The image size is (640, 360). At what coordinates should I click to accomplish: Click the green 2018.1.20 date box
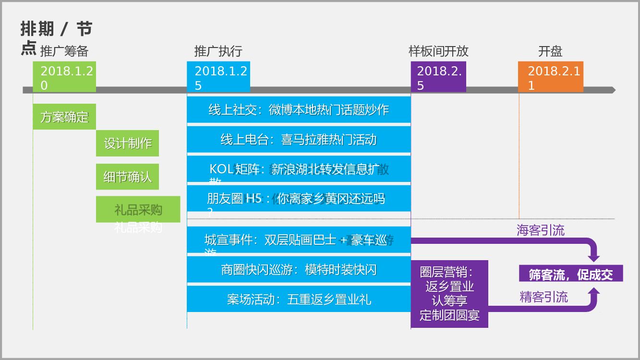[64, 77]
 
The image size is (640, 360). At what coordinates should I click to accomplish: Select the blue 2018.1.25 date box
[218, 77]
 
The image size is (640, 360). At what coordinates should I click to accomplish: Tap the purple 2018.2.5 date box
[438, 77]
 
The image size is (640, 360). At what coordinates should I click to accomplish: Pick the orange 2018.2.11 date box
[551, 77]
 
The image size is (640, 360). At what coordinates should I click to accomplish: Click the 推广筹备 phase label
[64, 51]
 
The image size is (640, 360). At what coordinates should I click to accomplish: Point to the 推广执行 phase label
[218, 51]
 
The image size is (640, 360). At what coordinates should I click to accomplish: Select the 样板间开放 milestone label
[438, 51]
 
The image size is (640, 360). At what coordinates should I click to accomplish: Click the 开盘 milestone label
[550, 51]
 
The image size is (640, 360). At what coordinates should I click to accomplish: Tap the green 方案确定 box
[64, 117]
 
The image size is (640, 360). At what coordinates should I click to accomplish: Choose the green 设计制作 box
[127, 143]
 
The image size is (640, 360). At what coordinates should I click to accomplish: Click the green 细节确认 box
[127, 177]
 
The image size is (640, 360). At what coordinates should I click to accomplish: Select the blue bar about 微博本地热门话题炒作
[299, 110]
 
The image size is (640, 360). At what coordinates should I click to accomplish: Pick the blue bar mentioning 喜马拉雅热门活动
[299, 140]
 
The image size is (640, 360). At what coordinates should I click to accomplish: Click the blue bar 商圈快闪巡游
[299, 270]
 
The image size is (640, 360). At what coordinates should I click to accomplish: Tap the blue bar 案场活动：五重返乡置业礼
[299, 300]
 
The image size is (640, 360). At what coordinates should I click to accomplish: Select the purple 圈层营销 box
[449, 294]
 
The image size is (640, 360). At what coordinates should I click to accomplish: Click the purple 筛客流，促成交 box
[571, 274]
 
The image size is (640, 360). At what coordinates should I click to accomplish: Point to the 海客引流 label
[541, 230]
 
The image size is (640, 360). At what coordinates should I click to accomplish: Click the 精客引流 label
[543, 297]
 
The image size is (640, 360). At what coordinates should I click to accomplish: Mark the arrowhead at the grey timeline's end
[612, 90]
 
